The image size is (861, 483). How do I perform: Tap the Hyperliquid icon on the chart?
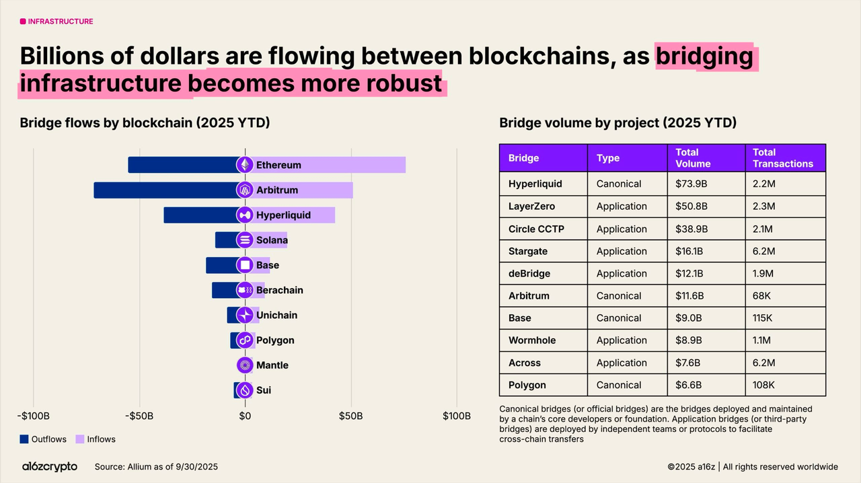point(245,215)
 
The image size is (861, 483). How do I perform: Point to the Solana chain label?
point(272,240)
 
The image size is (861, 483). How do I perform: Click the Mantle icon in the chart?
point(245,365)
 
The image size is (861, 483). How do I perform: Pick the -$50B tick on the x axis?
point(139,416)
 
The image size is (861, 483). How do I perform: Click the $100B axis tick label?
point(457,416)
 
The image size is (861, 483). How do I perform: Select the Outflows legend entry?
point(43,439)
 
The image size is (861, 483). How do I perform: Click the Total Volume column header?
point(693,158)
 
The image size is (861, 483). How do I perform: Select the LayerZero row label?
point(531,207)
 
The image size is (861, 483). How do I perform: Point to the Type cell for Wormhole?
point(622,340)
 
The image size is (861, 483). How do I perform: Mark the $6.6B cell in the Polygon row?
point(688,385)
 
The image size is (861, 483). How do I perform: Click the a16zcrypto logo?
point(49,467)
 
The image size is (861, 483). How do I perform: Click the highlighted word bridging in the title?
point(704,56)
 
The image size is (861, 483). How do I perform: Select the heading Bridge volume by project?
point(617,123)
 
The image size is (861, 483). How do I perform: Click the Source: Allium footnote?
point(156,467)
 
